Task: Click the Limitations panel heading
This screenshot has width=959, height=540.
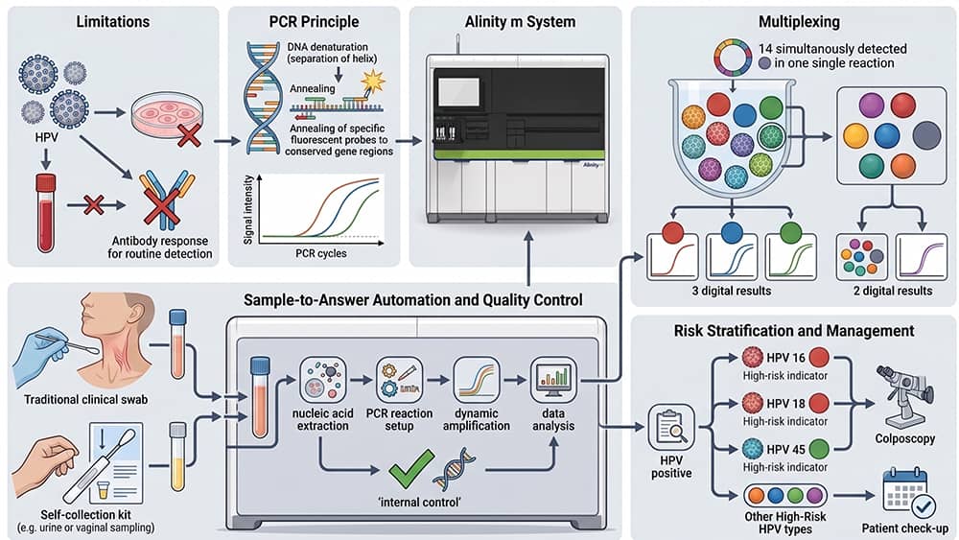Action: [112, 22]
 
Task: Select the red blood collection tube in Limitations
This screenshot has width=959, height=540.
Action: [46, 213]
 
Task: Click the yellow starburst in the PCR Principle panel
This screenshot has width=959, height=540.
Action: [372, 81]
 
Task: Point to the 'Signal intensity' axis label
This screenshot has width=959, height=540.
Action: [247, 210]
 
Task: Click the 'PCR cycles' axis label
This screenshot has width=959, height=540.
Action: [321, 253]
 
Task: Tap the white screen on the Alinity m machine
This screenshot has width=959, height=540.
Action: [458, 92]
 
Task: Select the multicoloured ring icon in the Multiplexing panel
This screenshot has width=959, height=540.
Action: [733, 59]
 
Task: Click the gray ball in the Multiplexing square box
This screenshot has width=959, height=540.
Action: [926, 135]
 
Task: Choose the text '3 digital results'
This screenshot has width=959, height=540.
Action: [732, 291]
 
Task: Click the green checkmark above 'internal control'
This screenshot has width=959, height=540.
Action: [411, 469]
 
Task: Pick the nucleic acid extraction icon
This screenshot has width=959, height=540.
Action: [322, 380]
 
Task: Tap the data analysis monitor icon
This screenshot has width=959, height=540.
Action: [553, 380]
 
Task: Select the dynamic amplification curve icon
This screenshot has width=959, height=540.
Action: [477, 380]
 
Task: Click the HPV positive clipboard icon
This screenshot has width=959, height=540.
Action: [671, 427]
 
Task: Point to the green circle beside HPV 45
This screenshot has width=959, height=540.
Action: [819, 449]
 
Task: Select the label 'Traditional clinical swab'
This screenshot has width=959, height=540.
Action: [85, 400]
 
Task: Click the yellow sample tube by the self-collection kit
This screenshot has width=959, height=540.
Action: [177, 457]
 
